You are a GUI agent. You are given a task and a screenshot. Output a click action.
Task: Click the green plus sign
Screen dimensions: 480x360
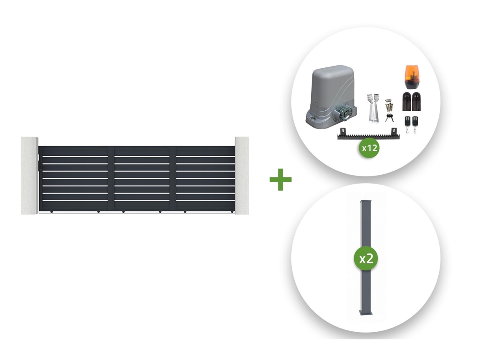tap(280, 179)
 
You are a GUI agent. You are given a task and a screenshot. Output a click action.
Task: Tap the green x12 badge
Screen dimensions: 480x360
tap(369, 148)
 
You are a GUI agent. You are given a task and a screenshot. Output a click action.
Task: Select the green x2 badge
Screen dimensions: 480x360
tap(366, 259)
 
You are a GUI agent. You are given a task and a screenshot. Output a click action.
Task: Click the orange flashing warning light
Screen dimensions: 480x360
tap(411, 77)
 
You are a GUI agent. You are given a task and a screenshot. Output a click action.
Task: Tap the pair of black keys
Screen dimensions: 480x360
tap(389, 117)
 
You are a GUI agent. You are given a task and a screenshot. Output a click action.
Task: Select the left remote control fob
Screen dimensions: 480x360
tap(408, 124)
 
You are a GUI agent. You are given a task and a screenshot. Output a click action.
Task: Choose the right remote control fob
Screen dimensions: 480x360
tap(415, 124)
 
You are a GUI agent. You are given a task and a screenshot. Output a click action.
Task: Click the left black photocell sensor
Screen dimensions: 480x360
tap(407, 101)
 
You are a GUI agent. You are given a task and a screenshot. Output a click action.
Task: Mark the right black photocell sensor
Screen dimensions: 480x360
tap(416, 101)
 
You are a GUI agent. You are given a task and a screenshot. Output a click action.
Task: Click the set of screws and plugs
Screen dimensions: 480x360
tap(389, 105)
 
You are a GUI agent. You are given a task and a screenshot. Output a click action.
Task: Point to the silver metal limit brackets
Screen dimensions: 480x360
tap(373, 108)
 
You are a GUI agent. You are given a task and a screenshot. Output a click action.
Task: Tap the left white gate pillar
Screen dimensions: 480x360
tap(29, 176)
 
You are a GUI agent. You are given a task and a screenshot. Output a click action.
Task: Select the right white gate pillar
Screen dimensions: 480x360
tap(242, 176)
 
